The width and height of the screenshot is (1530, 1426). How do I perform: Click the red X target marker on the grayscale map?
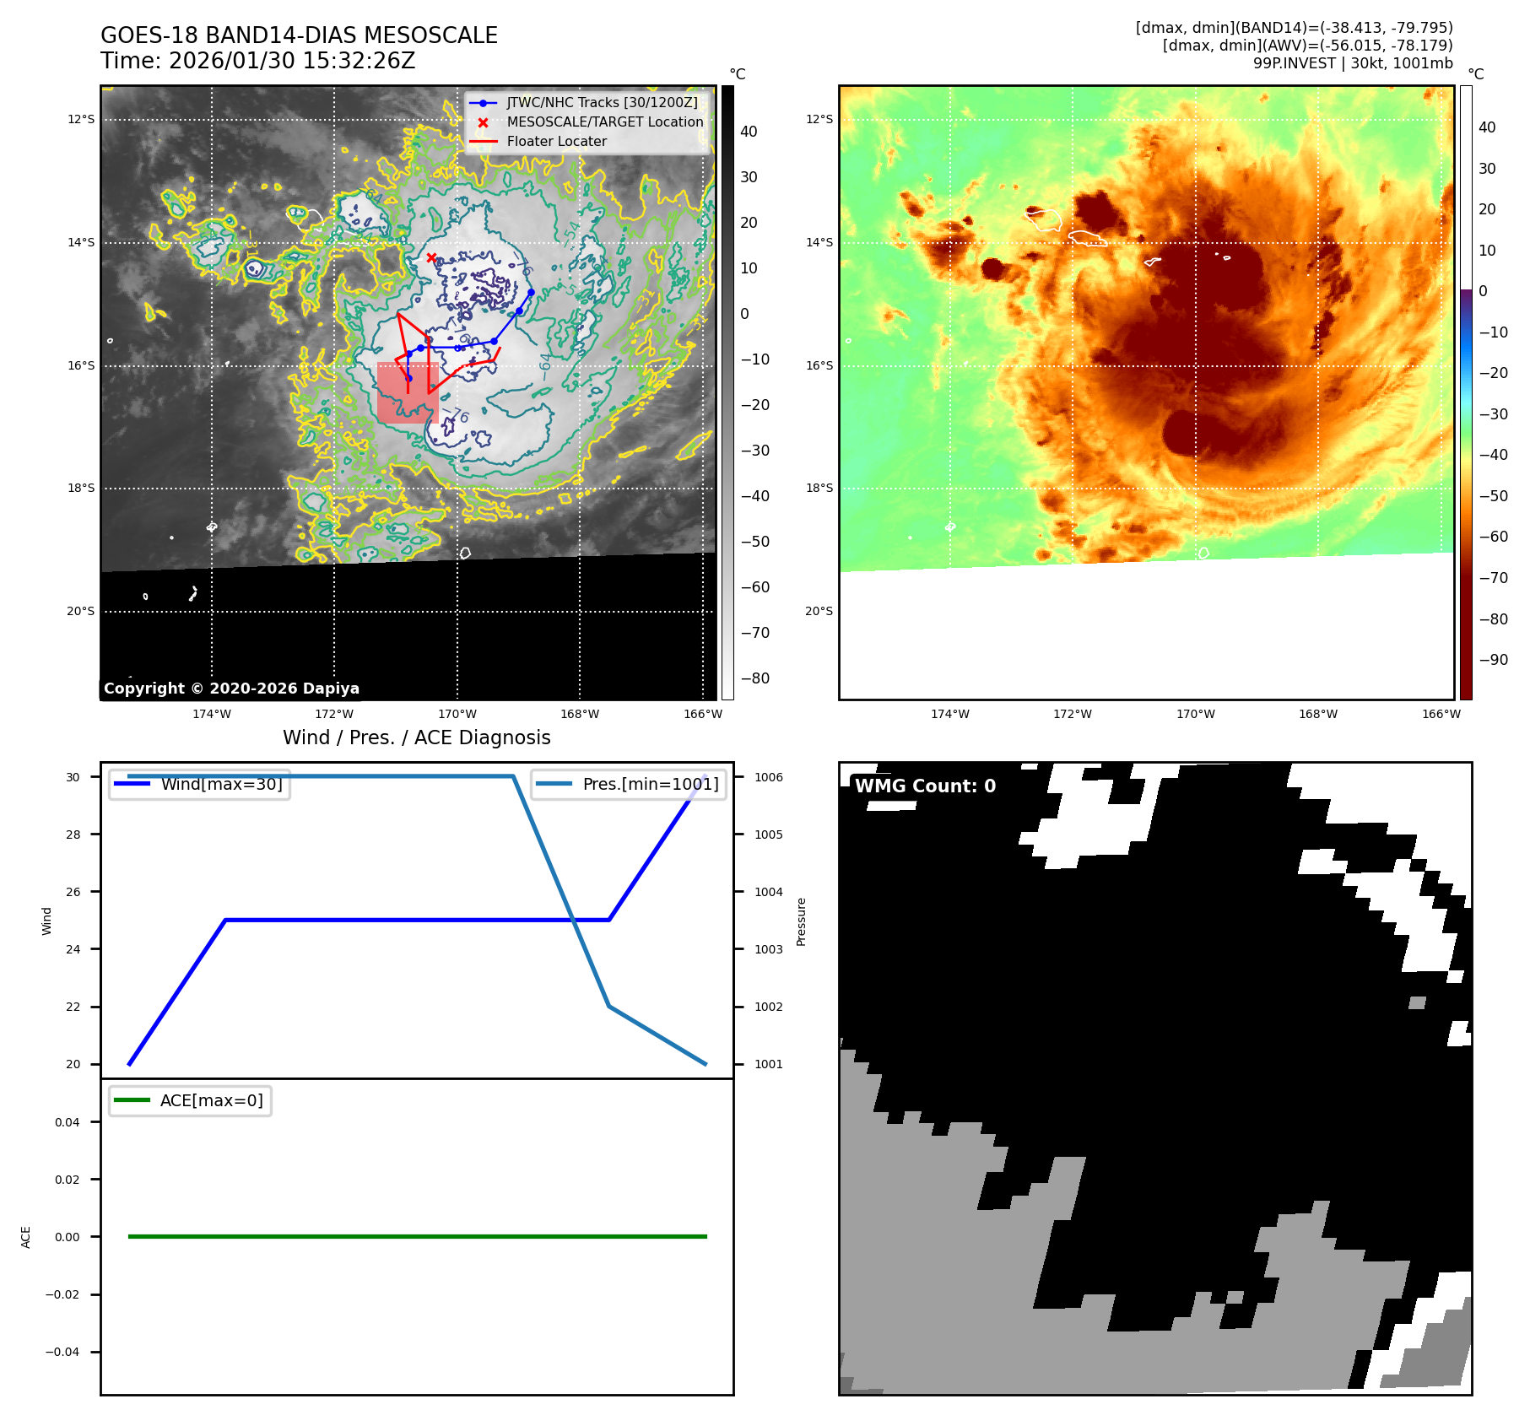[x=431, y=257]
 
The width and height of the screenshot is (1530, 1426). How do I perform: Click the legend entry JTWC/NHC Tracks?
[x=602, y=102]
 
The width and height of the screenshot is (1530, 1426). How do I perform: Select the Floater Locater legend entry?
[x=556, y=141]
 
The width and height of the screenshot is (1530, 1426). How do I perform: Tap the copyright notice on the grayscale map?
[x=231, y=688]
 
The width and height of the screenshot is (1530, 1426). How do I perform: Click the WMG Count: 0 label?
[x=925, y=786]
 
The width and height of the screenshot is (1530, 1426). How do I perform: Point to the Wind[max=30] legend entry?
[x=221, y=784]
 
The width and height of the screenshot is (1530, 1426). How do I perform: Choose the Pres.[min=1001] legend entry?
[x=650, y=784]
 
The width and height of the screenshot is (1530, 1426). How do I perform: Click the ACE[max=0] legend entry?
[x=211, y=1100]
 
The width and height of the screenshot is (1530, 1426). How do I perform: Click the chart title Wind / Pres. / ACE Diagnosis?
[x=416, y=737]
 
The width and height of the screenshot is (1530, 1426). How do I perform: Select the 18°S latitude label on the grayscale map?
[x=81, y=488]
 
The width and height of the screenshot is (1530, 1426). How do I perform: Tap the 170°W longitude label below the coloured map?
[x=1195, y=714]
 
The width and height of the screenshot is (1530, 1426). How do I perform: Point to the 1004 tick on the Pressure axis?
[x=768, y=892]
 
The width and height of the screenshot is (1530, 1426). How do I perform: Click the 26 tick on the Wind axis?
[x=73, y=892]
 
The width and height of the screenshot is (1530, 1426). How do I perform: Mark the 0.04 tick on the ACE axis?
[x=68, y=1122]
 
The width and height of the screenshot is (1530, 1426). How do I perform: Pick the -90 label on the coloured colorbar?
[x=1493, y=660]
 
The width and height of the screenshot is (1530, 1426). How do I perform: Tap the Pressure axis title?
[x=802, y=921]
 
